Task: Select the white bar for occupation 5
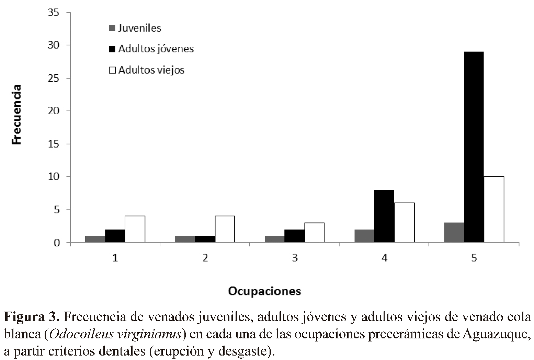(494, 209)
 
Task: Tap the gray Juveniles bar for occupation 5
(454, 233)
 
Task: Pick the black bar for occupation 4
(384, 216)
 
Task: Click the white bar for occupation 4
(404, 223)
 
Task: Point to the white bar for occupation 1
(135, 229)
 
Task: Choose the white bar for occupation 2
(225, 229)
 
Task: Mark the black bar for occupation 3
(294, 236)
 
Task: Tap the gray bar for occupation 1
(95, 239)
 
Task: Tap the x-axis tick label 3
(295, 258)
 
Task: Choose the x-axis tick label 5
(474, 258)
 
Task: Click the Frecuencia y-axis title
(16, 114)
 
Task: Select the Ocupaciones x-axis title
(264, 291)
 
